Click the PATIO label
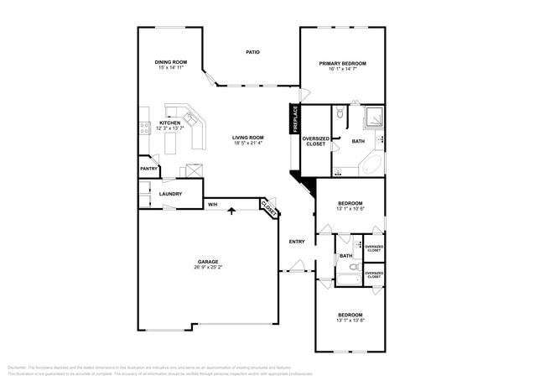pos(252,52)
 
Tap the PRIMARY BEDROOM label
pos(342,64)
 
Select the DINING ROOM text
pos(170,62)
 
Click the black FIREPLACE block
pos(295,118)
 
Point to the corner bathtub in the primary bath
pos(372,163)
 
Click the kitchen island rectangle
pos(169,144)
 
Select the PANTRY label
pos(149,169)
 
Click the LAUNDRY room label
pos(171,195)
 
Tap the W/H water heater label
pos(213,204)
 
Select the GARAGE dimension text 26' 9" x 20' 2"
pos(208,268)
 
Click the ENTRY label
pos(297,242)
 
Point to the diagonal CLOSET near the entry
pos(268,207)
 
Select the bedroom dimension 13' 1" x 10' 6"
pos(350,209)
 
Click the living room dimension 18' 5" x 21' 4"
pos(248,143)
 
